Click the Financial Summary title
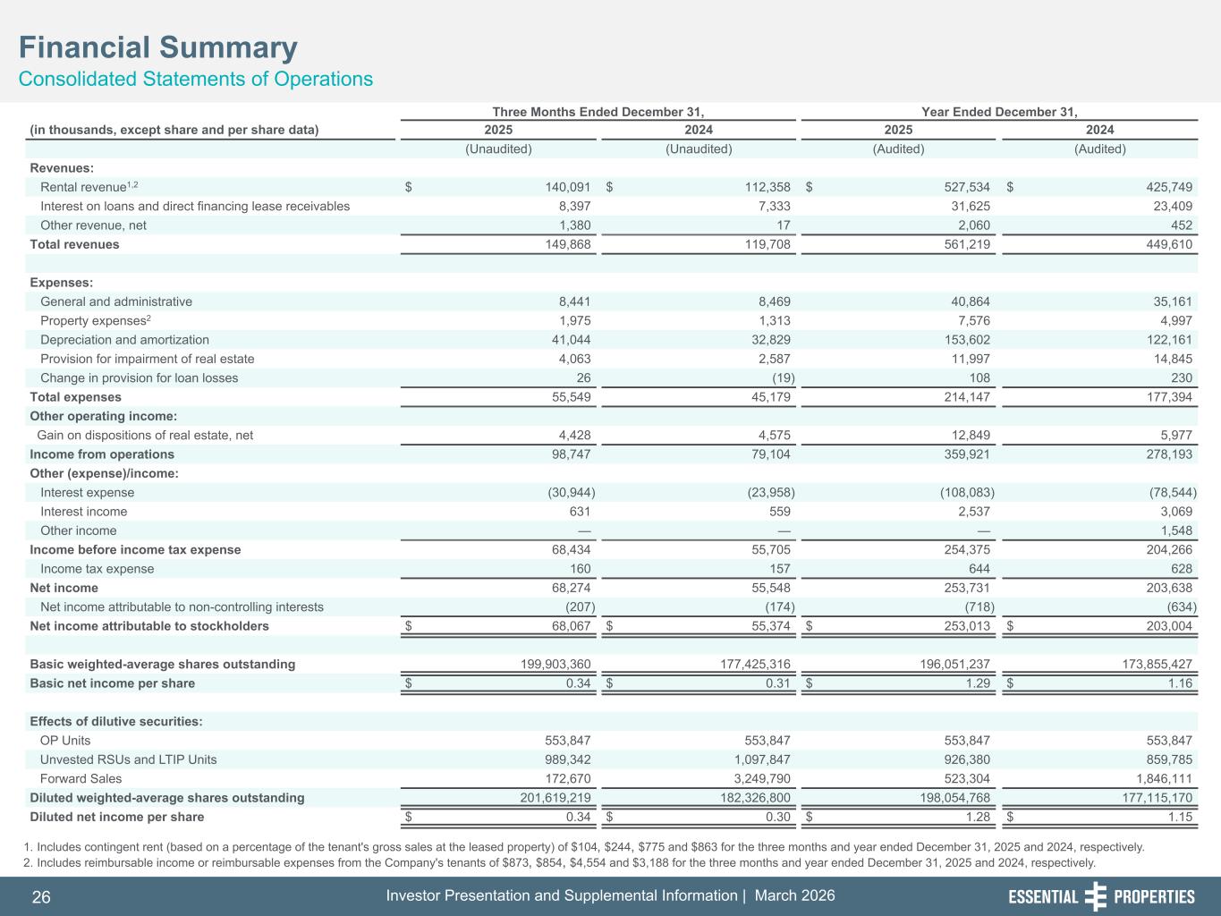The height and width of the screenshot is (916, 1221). (x=158, y=47)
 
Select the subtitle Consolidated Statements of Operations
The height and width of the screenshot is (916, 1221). (x=196, y=79)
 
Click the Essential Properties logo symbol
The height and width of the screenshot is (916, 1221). (x=1095, y=896)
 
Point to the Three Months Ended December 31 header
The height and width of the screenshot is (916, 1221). (x=598, y=112)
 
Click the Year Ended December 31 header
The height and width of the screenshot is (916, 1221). (x=998, y=112)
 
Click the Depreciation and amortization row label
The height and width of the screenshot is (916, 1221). (x=124, y=340)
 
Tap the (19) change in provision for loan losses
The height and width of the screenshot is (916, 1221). (x=778, y=377)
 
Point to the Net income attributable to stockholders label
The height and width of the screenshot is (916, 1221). (x=149, y=626)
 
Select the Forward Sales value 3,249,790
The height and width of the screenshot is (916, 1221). (x=756, y=779)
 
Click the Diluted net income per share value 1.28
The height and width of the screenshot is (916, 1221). (x=978, y=817)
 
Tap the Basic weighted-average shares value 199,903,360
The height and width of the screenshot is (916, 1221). (x=543, y=665)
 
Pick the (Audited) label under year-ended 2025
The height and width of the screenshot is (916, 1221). (x=898, y=149)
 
